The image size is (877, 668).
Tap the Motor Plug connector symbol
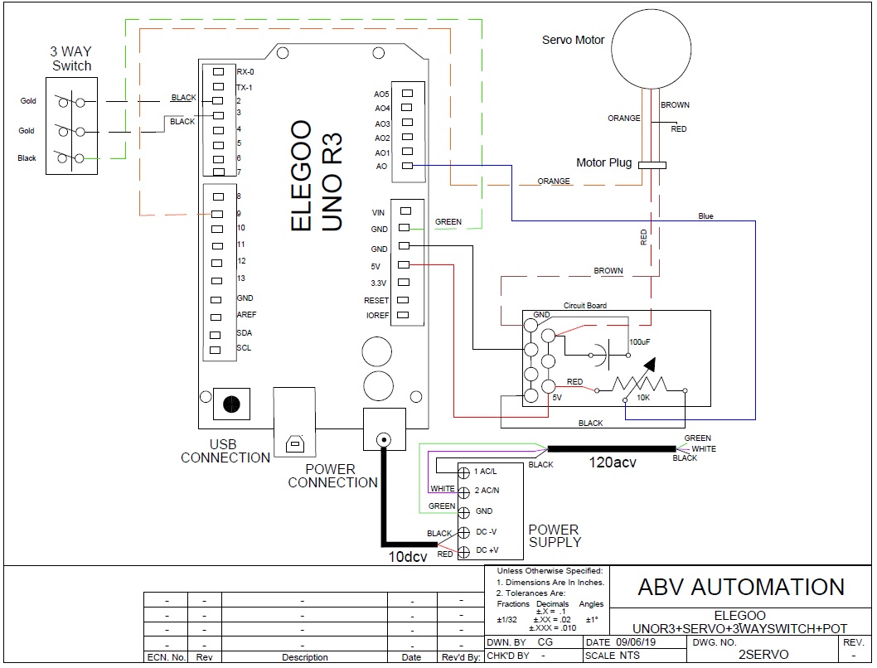click(652, 164)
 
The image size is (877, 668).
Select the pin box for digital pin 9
click(217, 213)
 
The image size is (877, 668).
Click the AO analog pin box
click(406, 167)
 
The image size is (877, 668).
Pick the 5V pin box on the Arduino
click(404, 265)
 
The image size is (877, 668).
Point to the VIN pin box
click(404, 212)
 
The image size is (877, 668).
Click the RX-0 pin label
click(245, 71)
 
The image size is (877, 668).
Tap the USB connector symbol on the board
click(294, 443)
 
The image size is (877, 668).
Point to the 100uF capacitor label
click(639, 341)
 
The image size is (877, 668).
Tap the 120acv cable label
click(612, 462)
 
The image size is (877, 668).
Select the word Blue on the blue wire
click(705, 216)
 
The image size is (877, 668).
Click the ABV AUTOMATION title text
click(740, 587)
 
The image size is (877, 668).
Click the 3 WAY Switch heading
click(71, 59)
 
